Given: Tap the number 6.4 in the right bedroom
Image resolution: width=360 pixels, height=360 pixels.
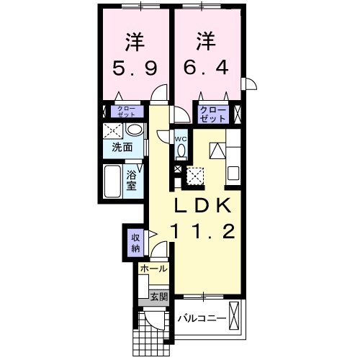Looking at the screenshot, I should pos(209,68).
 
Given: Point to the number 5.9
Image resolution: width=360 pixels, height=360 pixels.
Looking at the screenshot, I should pos(133,68).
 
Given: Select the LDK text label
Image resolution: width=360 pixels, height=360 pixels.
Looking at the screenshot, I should pos(202,205).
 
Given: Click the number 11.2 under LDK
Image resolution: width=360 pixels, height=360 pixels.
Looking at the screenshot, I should pos(202,232).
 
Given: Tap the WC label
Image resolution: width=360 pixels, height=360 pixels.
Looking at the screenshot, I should pos(181,139).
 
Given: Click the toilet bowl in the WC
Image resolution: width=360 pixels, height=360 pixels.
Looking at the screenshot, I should pos(181,150).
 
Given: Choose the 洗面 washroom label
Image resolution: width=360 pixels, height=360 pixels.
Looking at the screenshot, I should pos(122,148).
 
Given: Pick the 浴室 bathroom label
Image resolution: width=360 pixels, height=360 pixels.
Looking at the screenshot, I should pos(132,179).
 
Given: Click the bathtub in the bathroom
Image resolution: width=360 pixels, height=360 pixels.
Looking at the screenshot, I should pos(113,181).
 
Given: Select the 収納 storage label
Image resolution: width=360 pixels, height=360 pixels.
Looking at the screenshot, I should pos(135,243).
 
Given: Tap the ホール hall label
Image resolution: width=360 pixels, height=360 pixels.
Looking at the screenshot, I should pos(153,269).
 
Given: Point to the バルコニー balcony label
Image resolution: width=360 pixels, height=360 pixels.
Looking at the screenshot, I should pos(202,318).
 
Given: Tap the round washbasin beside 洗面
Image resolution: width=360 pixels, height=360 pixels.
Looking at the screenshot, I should pos(133,130).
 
